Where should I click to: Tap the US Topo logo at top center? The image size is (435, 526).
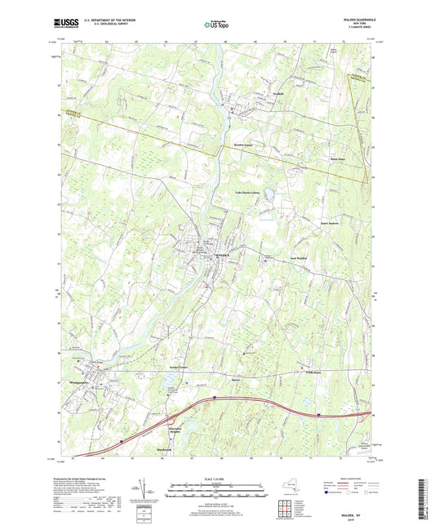(216, 25)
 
